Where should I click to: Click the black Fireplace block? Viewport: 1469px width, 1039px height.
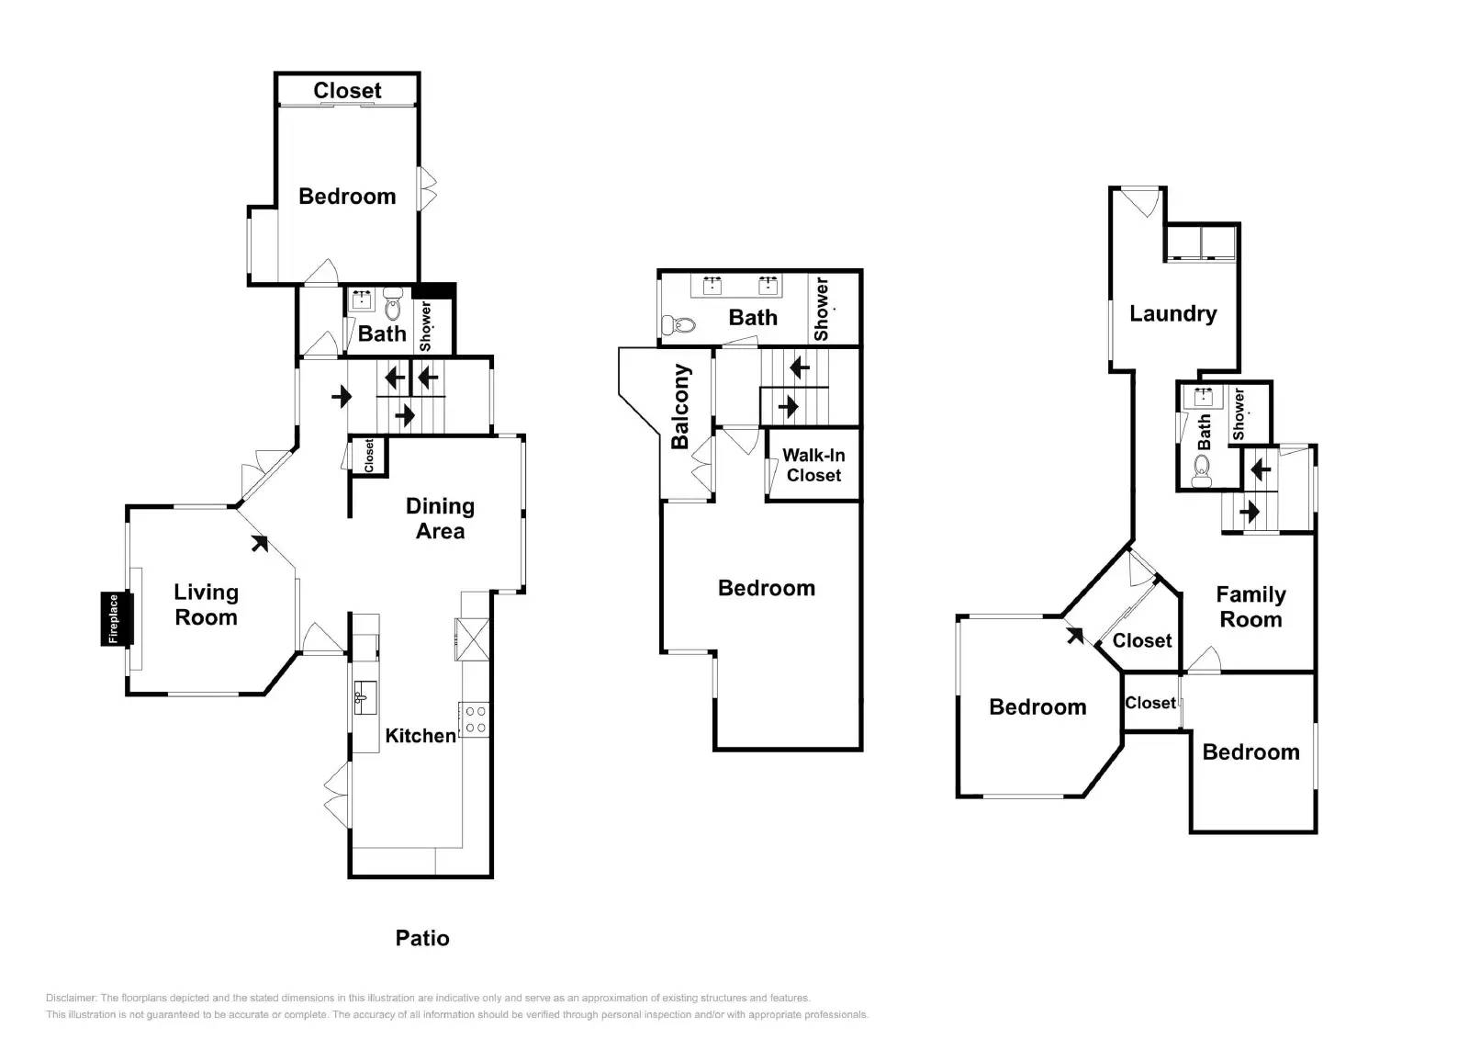pyautogui.click(x=117, y=619)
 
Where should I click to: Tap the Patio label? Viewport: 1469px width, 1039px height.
pyautogui.click(x=422, y=938)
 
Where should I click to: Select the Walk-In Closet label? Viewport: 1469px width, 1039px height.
pyautogui.click(x=813, y=465)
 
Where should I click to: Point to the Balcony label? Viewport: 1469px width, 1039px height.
pyautogui.click(x=680, y=407)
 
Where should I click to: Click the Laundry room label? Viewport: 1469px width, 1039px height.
pyautogui.click(x=1172, y=314)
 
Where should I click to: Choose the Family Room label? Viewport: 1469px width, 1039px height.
pyautogui.click(x=1250, y=606)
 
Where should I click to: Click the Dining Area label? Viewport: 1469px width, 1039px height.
pyautogui.click(x=440, y=518)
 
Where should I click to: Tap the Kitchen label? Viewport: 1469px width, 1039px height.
pyautogui.click(x=421, y=736)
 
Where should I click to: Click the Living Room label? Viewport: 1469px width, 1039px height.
pyautogui.click(x=206, y=604)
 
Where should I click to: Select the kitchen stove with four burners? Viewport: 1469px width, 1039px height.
pyautogui.click(x=474, y=719)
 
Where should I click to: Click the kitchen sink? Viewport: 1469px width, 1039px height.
pyautogui.click(x=365, y=697)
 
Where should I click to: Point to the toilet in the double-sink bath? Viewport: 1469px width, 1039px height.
pyautogui.click(x=678, y=324)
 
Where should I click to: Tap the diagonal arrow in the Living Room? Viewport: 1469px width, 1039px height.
pyautogui.click(x=260, y=544)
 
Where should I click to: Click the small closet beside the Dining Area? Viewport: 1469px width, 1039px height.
pyautogui.click(x=368, y=456)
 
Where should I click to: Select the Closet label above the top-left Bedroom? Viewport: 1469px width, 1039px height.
pyautogui.click(x=347, y=90)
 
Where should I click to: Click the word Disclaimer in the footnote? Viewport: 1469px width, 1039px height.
pyautogui.click(x=72, y=998)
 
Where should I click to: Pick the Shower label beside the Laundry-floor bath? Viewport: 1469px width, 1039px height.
pyautogui.click(x=1239, y=413)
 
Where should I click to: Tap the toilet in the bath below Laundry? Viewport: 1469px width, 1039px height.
pyautogui.click(x=1202, y=471)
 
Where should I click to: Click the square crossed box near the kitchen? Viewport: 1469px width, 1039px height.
pyautogui.click(x=473, y=638)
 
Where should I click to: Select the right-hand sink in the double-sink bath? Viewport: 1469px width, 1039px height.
pyautogui.click(x=768, y=286)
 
